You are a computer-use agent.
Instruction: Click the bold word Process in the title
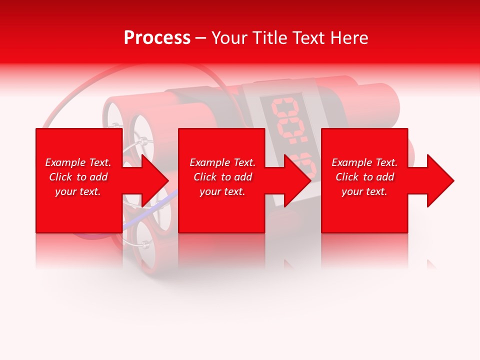tap(157, 38)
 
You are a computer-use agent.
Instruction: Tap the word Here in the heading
tap(348, 38)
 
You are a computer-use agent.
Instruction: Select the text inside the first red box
tap(78, 177)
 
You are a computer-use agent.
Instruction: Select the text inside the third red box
tap(364, 177)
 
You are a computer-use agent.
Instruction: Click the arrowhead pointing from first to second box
tap(155, 180)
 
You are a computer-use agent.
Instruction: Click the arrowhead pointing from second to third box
tap(297, 180)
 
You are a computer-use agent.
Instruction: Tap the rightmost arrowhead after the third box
tap(440, 180)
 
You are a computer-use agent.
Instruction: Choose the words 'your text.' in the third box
tap(364, 191)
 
